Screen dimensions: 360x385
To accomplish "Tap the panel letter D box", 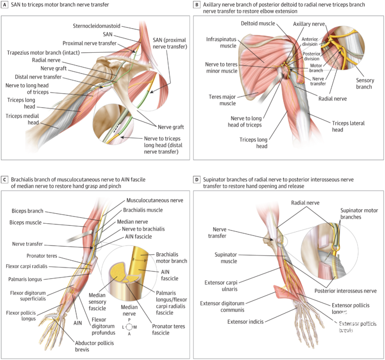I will point(196,180).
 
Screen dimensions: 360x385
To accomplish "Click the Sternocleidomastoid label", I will point(97,26).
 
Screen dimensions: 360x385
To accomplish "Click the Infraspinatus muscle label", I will point(221,42).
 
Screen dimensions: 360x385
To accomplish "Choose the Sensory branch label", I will point(364,83).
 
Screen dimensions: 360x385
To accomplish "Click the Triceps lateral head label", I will point(348,126).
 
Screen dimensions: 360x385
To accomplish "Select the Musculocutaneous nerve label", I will point(155,201).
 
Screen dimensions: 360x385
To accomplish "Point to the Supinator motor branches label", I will point(359,213).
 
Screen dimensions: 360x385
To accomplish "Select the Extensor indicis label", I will point(246,322).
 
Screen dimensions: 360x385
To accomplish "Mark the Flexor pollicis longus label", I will point(21,316).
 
